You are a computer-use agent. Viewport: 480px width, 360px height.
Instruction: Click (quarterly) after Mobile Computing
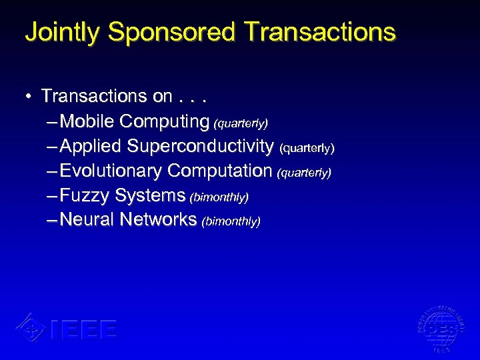pyautogui.click(x=240, y=123)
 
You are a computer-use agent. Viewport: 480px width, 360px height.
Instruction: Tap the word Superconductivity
pyautogui.click(x=200, y=146)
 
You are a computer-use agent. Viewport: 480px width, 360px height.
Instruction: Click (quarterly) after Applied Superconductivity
pyautogui.click(x=307, y=147)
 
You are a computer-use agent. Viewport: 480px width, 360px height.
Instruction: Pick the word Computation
pyautogui.click(x=220, y=171)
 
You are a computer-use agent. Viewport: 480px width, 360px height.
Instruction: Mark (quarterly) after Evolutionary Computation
pyautogui.click(x=304, y=173)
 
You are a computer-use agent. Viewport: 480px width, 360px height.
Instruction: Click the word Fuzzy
pyautogui.click(x=85, y=195)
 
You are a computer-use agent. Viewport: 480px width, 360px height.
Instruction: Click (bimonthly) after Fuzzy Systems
pyautogui.click(x=219, y=197)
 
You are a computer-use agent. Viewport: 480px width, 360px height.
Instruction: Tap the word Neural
pyautogui.click(x=87, y=220)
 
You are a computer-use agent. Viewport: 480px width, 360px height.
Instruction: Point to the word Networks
pyautogui.click(x=159, y=220)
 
